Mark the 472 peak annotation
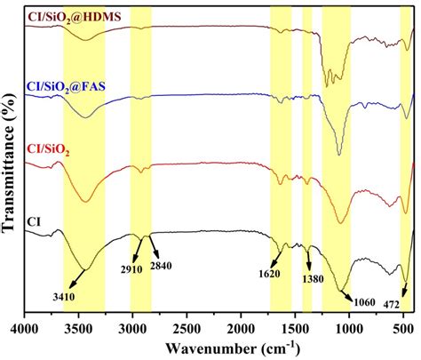(x=393, y=302)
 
